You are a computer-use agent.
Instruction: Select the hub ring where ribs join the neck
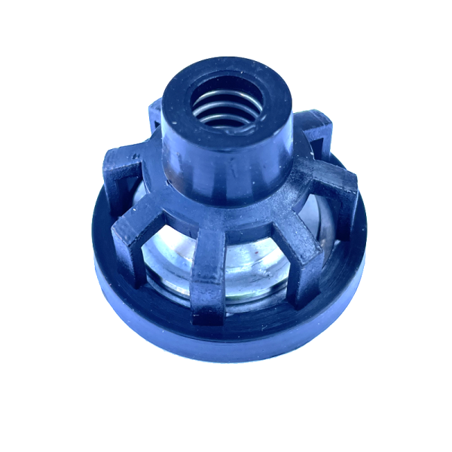coord(226,200)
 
